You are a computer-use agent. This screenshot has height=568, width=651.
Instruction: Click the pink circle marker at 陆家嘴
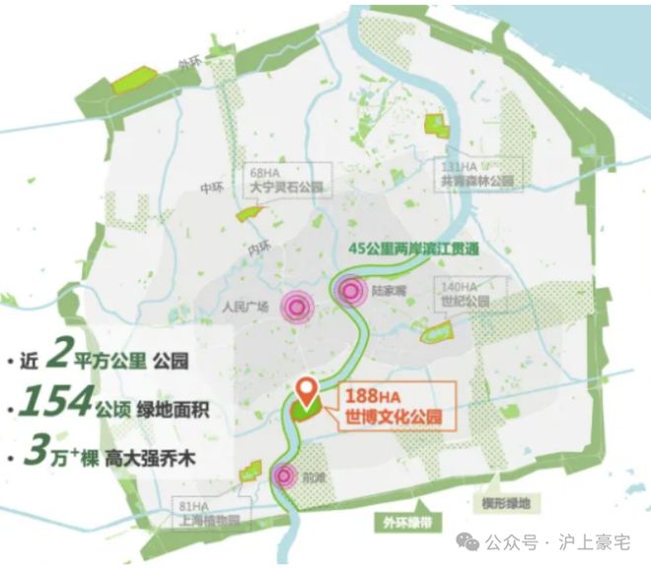tap(348, 290)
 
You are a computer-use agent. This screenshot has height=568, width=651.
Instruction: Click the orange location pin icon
tap(308, 392)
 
